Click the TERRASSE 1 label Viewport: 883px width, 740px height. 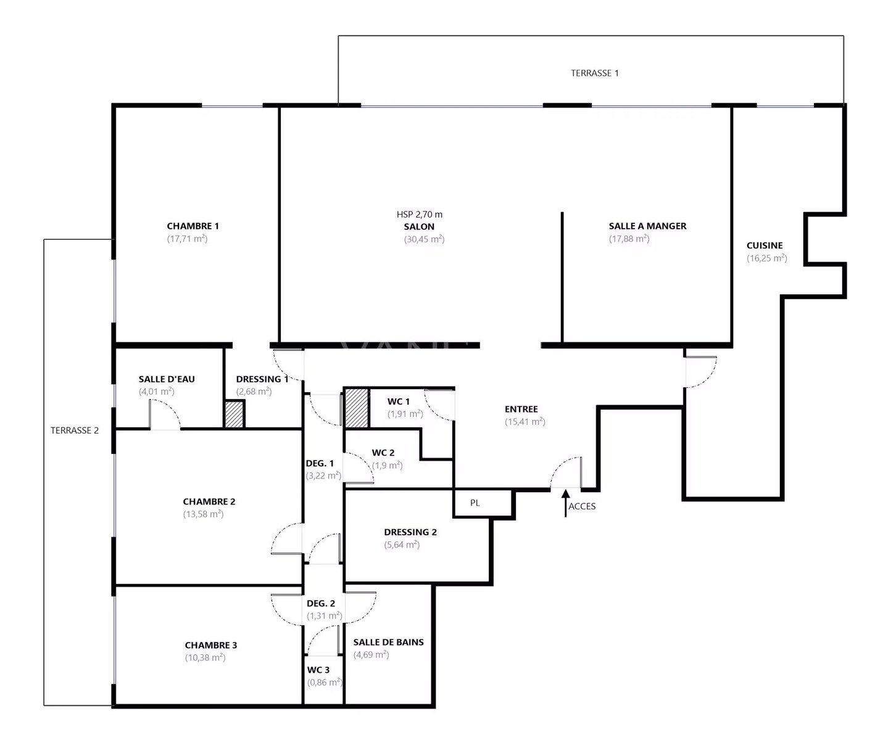click(x=594, y=73)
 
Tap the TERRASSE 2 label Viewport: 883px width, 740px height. click(x=75, y=430)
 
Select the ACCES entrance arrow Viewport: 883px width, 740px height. click(x=565, y=503)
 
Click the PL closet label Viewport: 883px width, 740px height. click(x=475, y=503)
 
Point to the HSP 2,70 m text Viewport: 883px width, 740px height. click(x=420, y=214)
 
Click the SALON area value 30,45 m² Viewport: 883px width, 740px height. click(x=424, y=239)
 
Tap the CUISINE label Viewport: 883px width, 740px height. click(x=765, y=245)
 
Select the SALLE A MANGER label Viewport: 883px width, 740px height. click(x=647, y=226)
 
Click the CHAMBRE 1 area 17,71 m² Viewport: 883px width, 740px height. click(x=187, y=239)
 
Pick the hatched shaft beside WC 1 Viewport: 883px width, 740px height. click(x=357, y=408)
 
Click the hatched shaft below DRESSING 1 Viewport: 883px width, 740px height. click(x=234, y=414)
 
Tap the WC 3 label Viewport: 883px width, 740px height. click(x=318, y=670)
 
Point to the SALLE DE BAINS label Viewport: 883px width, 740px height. click(x=388, y=643)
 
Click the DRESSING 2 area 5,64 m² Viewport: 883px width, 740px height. click(x=402, y=545)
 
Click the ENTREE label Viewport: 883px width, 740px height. click(x=521, y=409)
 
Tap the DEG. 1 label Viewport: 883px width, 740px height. click(x=320, y=463)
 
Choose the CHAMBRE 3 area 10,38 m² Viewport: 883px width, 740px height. click(x=205, y=657)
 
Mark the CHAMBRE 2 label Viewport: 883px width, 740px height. click(x=209, y=501)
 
